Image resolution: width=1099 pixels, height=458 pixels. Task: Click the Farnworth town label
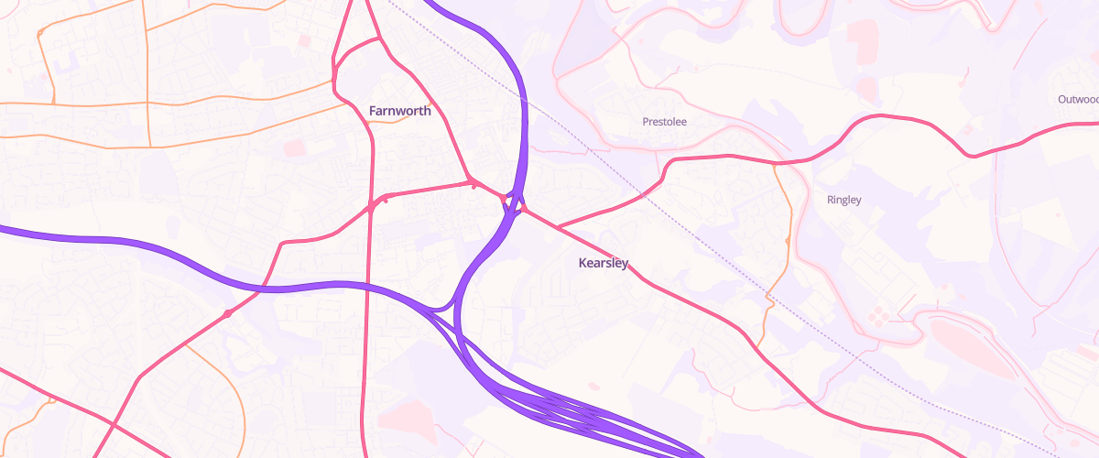pyautogui.click(x=399, y=111)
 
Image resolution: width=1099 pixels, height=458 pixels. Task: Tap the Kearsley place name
pyautogui.click(x=604, y=264)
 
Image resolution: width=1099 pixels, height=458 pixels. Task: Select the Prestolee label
pyautogui.click(x=664, y=121)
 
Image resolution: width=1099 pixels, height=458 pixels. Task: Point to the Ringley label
pyautogui.click(x=843, y=200)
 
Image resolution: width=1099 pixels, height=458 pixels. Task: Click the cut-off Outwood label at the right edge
pyautogui.click(x=1077, y=99)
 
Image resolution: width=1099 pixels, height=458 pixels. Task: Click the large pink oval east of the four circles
pyautogui.click(x=972, y=347)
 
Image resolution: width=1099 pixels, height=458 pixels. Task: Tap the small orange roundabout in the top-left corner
pyautogui.click(x=40, y=34)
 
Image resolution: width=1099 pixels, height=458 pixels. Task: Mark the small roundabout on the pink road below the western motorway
pyautogui.click(x=227, y=314)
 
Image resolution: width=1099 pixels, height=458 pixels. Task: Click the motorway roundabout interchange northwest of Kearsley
pyautogui.click(x=513, y=202)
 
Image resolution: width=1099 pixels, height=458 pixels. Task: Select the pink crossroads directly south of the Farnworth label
pyautogui.click(x=371, y=203)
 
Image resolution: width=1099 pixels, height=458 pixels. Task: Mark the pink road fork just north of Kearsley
pyautogui.click(x=558, y=225)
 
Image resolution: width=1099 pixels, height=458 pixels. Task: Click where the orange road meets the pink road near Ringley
pyautogui.click(x=776, y=164)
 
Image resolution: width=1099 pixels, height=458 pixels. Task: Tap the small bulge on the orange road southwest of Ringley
pyautogui.click(x=788, y=241)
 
